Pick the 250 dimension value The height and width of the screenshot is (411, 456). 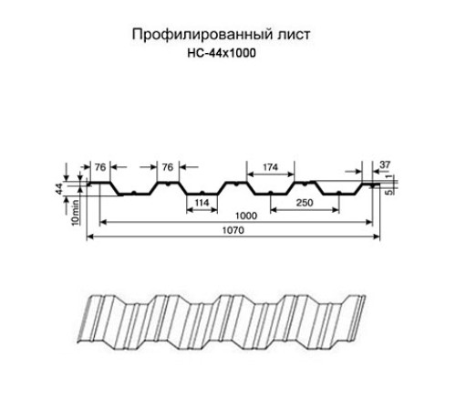click(306, 201)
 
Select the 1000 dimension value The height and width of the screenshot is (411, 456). click(241, 216)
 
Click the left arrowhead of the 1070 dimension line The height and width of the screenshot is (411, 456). click(89, 238)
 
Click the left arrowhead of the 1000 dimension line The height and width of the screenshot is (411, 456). click(103, 223)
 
